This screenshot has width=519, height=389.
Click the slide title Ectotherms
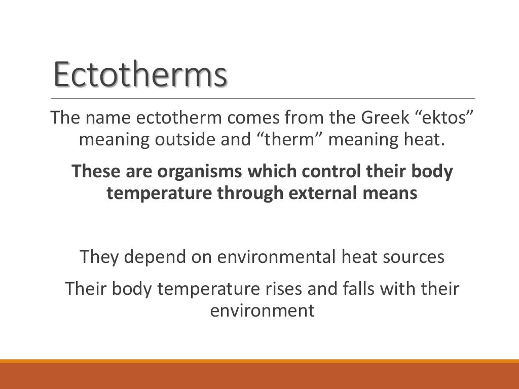(x=140, y=75)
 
